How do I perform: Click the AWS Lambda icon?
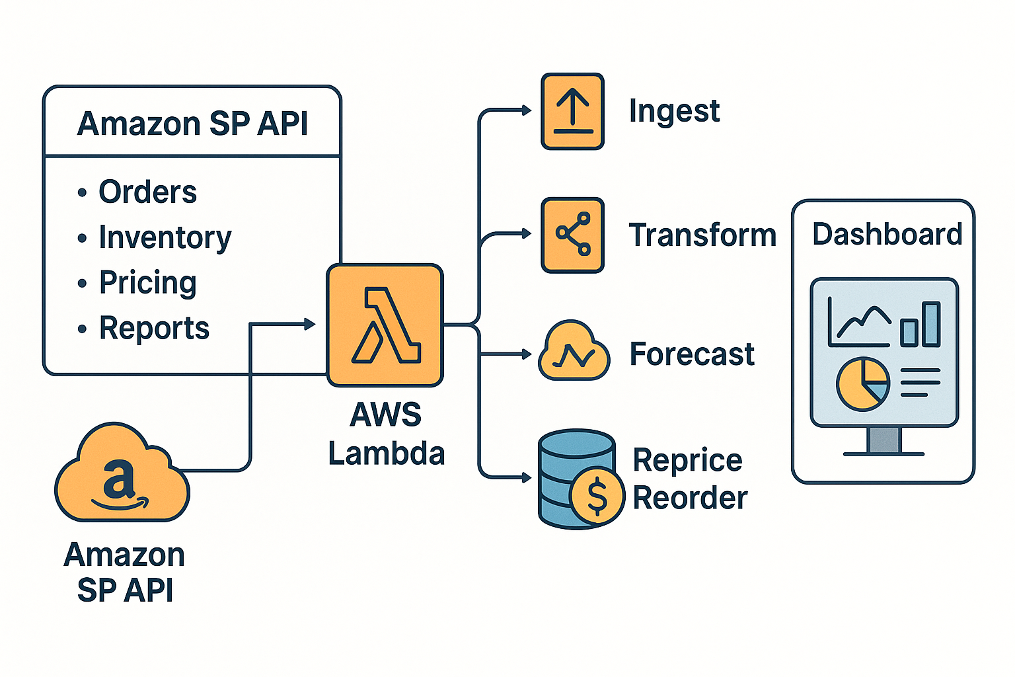click(x=385, y=325)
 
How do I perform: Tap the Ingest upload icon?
click(x=572, y=112)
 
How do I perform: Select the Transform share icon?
click(x=572, y=235)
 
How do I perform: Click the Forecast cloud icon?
click(x=574, y=353)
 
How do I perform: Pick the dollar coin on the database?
click(x=597, y=496)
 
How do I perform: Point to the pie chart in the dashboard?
click(x=863, y=384)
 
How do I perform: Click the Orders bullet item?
click(x=147, y=192)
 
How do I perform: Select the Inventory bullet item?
click(x=165, y=237)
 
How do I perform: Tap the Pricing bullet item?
click(x=147, y=283)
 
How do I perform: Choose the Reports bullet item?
click(x=154, y=328)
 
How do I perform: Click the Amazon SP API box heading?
click(x=192, y=124)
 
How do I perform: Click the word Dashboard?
click(x=887, y=234)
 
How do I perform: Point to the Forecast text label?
click(x=691, y=354)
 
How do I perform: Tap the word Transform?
click(x=702, y=235)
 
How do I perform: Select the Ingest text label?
click(x=673, y=111)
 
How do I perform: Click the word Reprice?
click(x=687, y=460)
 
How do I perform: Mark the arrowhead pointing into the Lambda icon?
click(x=309, y=324)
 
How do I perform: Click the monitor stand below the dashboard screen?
click(x=883, y=440)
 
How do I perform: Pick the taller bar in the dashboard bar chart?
click(x=931, y=324)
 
